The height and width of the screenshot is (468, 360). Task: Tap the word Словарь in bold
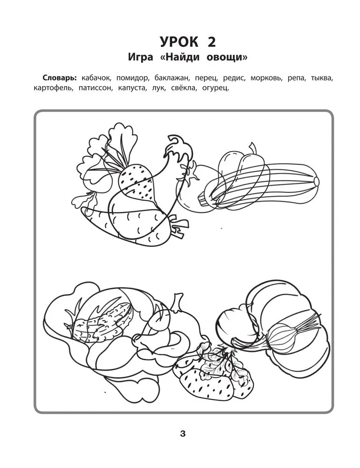(59, 78)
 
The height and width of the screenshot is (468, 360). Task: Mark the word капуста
(132, 88)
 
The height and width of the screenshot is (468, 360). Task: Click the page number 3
(183, 433)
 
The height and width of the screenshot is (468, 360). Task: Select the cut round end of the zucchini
(317, 181)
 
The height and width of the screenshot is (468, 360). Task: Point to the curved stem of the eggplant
(177, 141)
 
